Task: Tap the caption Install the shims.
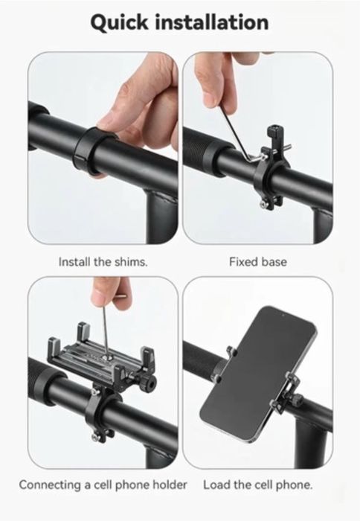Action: coord(103,262)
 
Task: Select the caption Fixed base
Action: coord(257,262)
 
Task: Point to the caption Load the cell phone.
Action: coord(257,485)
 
